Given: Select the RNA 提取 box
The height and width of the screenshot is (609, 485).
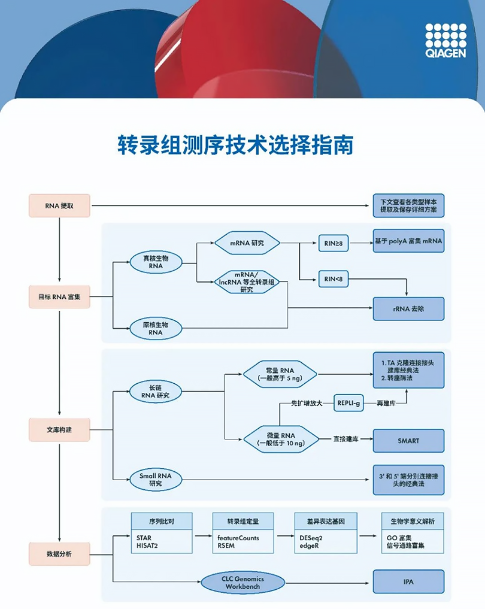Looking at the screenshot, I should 59,205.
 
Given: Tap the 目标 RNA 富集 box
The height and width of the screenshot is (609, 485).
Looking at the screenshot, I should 59,296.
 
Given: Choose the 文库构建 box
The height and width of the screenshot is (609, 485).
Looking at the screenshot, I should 59,429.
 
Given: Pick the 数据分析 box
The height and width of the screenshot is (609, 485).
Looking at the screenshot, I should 59,554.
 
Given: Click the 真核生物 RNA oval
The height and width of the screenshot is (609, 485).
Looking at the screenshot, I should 156,262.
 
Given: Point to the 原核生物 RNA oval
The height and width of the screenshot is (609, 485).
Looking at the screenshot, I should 156,328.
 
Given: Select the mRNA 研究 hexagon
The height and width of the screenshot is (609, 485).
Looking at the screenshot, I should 247,243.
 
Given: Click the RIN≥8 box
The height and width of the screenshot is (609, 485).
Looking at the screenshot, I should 333,243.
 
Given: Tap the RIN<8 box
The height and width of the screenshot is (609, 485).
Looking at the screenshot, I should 333,278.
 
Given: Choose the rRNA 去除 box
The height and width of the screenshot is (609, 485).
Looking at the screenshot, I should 409,308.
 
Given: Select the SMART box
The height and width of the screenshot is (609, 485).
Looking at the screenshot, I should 409,440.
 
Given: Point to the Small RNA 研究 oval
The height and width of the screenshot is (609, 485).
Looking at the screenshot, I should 156,479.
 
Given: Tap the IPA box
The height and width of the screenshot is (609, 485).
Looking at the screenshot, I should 409,581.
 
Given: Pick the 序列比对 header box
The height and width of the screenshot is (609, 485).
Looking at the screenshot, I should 162,520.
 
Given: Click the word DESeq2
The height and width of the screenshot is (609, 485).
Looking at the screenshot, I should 311,538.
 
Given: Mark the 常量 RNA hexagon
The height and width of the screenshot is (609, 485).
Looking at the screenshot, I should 280,374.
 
